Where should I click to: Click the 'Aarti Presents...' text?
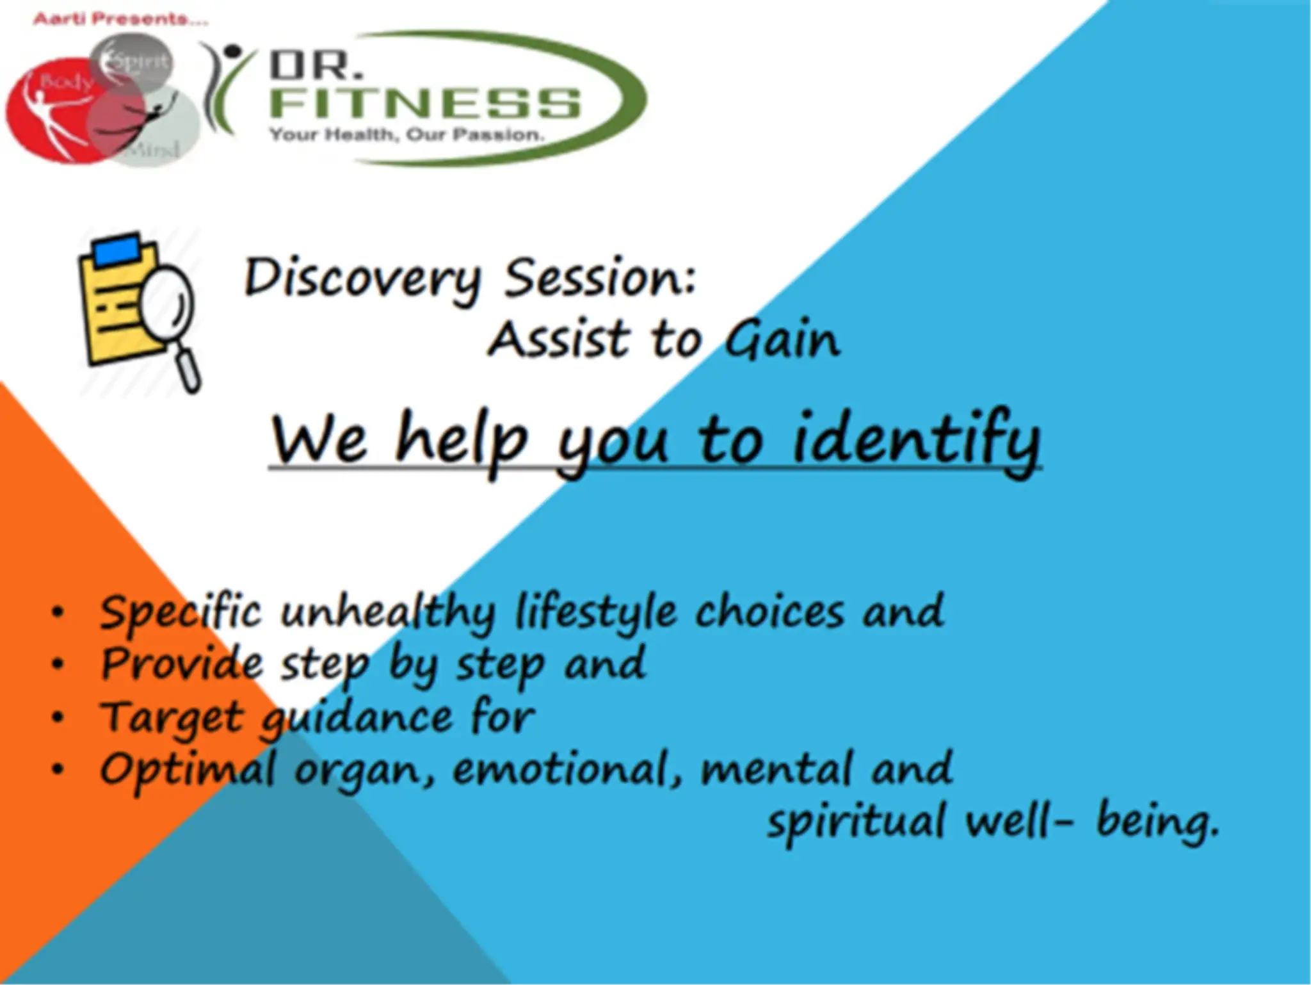click(120, 19)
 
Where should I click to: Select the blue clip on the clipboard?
click(117, 248)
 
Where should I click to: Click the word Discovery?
click(362, 279)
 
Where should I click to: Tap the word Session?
click(600, 279)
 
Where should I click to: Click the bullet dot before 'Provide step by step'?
click(58, 664)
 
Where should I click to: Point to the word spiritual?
click(855, 822)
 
